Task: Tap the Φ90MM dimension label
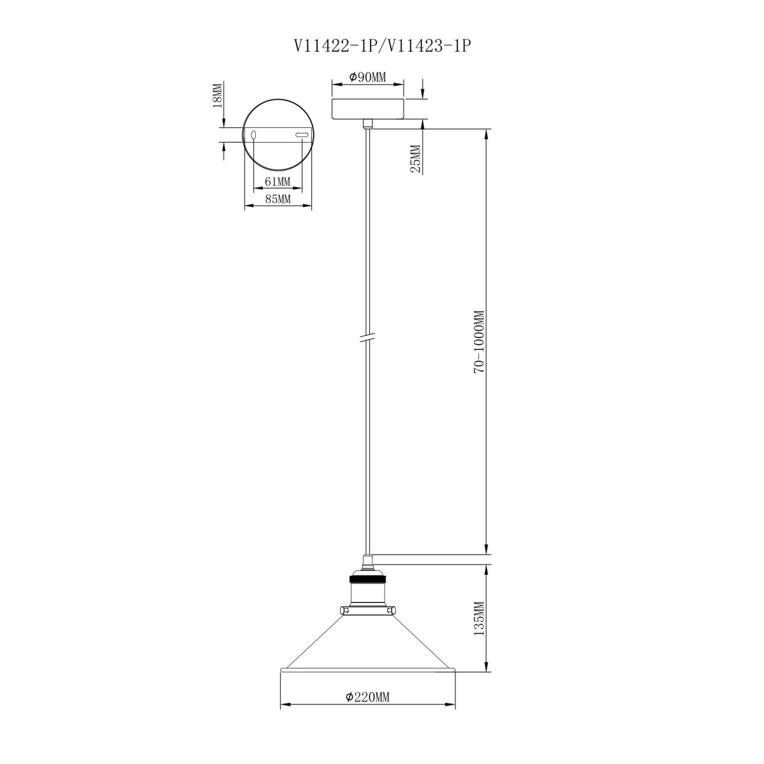367,77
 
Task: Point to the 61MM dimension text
277,181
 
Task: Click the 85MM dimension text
277,199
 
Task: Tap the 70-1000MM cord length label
479,341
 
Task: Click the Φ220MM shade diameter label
367,697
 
